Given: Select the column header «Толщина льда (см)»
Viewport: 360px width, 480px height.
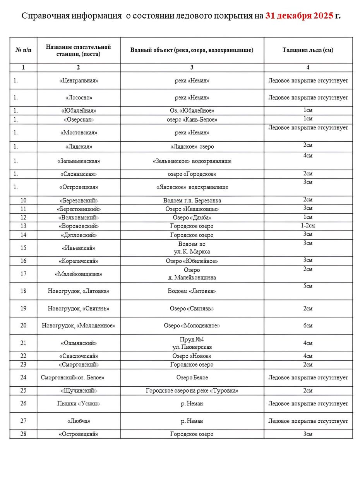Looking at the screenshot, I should coord(308,50).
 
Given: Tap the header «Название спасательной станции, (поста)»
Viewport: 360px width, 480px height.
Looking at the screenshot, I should coord(78,50).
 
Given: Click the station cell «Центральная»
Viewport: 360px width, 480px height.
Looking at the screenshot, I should coord(79,81).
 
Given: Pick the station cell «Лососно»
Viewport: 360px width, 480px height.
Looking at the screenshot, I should coord(79,98).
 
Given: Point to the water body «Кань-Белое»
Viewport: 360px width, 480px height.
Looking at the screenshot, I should coord(192,120).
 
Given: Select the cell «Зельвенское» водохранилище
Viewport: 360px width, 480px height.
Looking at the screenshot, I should coord(192,161).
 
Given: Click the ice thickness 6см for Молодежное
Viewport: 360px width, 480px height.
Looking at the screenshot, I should coord(308,326).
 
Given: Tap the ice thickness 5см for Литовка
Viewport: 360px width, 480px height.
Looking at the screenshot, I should coord(308,286).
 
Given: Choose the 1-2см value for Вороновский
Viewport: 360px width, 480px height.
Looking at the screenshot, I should coord(308,226).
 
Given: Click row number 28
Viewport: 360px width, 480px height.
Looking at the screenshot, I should coord(23,434).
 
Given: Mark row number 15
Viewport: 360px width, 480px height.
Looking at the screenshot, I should coord(23,248).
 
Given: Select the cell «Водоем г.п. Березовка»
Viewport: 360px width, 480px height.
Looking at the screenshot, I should coord(192,201).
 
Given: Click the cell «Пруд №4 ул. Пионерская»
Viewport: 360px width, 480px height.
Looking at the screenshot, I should coord(192,343).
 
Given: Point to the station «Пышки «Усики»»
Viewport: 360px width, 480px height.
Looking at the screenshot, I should coord(79,403).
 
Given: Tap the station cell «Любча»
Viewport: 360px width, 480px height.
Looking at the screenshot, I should coord(79,421).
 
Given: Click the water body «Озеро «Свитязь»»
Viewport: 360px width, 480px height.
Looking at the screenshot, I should coord(192,309).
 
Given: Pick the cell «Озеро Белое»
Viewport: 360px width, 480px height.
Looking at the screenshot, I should coord(192,377).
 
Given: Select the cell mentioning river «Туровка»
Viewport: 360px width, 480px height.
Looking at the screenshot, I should coord(192,391).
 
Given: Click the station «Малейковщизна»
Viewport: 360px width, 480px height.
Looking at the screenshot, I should coord(79,274).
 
